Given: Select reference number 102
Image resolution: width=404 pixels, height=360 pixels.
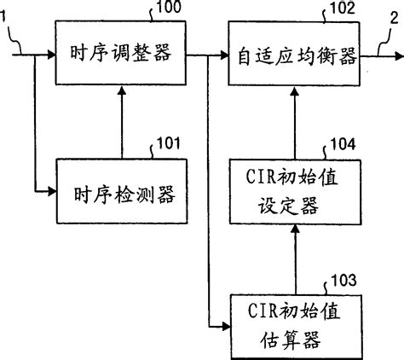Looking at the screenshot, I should pos(342,10).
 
